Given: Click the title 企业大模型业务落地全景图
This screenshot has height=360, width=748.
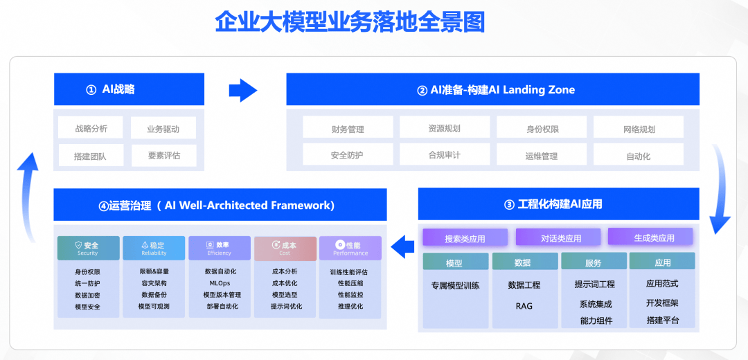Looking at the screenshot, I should [x=350, y=22].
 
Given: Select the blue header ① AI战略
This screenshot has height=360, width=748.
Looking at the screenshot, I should [x=130, y=89].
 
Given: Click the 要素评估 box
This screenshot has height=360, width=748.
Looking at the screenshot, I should [x=163, y=156].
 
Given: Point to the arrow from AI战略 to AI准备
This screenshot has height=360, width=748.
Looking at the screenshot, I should [x=243, y=89].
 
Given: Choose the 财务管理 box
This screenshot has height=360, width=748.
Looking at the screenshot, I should [x=348, y=128].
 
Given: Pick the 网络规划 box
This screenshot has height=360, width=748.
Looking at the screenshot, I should [x=638, y=128].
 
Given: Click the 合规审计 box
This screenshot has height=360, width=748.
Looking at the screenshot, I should [x=444, y=155].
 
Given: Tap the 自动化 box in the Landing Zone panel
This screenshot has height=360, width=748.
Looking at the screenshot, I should [x=638, y=155].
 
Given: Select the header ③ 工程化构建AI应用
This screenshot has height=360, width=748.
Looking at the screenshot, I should [x=558, y=204].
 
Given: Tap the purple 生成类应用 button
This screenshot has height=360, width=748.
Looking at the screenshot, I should [x=650, y=237].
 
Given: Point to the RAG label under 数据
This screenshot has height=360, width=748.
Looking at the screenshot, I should [x=524, y=305].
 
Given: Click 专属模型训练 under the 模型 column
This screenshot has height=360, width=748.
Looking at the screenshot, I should [x=455, y=285].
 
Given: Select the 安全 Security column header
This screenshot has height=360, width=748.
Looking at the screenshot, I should [x=87, y=248].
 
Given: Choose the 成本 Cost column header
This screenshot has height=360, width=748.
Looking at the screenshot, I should [x=285, y=248].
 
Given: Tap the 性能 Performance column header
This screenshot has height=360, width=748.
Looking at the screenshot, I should [x=350, y=248].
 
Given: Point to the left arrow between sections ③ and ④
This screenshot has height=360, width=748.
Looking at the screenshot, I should [x=402, y=244].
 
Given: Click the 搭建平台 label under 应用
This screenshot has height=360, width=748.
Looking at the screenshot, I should [x=662, y=320].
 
